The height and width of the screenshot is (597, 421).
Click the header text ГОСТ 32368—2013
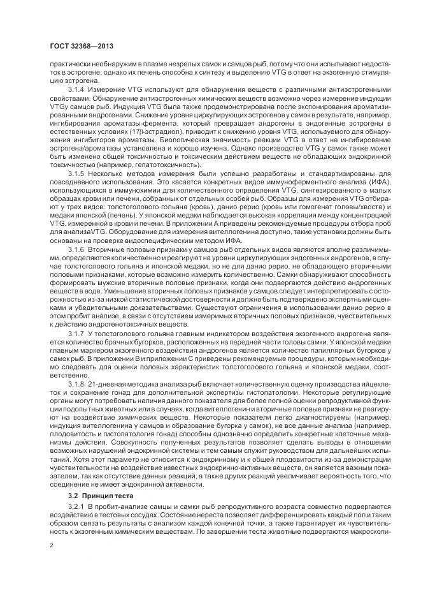click(x=77, y=47)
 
